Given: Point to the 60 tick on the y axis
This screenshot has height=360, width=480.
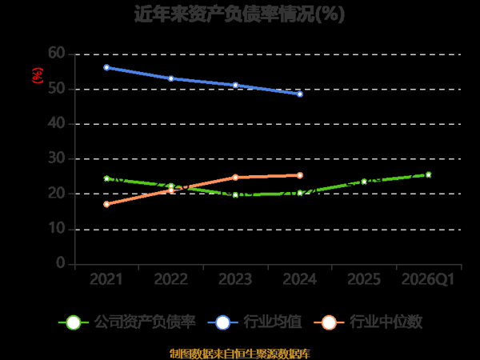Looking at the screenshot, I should tap(56, 53).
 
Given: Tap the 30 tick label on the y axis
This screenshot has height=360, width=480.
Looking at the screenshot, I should tap(56, 158).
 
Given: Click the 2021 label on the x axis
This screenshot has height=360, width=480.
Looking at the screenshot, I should tap(106, 279).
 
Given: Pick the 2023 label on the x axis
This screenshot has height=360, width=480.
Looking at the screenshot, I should tap(235, 279).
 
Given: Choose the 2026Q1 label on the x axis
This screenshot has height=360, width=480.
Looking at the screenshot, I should tap(427, 279).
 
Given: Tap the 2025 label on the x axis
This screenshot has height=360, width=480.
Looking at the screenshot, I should tap(364, 279).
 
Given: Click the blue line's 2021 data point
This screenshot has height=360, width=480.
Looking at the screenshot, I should tap(106, 67).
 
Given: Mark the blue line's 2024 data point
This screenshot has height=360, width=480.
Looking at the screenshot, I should tap(300, 94).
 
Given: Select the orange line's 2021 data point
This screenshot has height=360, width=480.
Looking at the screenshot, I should tap(106, 204).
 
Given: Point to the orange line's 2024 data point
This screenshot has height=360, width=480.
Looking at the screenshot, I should tap(300, 175).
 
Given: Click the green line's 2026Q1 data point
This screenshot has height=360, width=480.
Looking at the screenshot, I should tap(429, 174).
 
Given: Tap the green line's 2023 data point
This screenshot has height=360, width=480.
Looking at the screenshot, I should tap(235, 194).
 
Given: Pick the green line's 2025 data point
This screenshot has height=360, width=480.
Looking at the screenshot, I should tap(364, 182).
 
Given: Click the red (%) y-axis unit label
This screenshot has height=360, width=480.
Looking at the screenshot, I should tap(36, 76).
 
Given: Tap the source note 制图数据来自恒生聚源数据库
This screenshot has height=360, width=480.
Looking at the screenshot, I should tap(240, 353).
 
